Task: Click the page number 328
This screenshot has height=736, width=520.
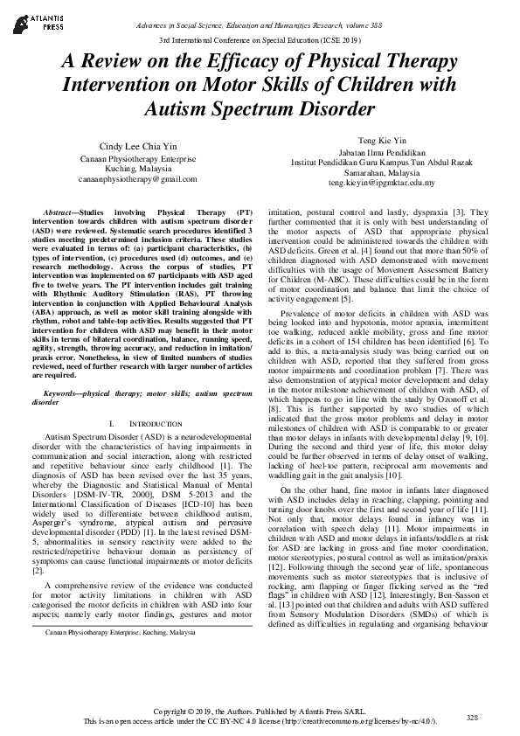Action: (x=473, y=717)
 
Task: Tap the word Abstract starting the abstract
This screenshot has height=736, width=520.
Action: (x=62, y=212)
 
